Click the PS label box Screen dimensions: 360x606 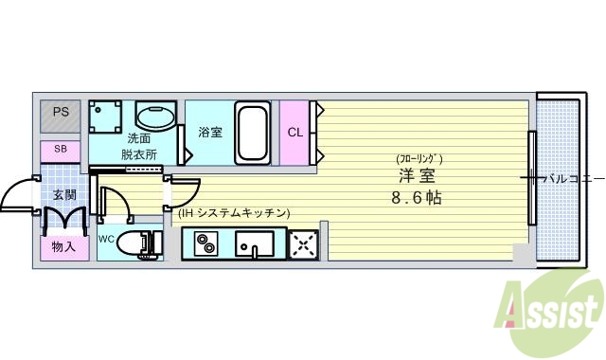point(61,113)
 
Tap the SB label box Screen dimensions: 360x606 point(61,149)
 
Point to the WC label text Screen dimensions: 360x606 point(106,239)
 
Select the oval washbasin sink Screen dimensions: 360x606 point(155,117)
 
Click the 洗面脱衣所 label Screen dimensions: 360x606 point(137,145)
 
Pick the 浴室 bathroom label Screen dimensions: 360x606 point(210,132)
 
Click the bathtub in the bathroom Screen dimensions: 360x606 point(252,132)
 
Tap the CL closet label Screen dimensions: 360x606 point(294,132)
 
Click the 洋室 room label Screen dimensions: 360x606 point(417,176)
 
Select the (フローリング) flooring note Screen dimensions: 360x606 point(419,158)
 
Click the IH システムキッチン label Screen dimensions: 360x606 point(234,213)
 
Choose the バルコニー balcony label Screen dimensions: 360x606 point(568,177)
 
